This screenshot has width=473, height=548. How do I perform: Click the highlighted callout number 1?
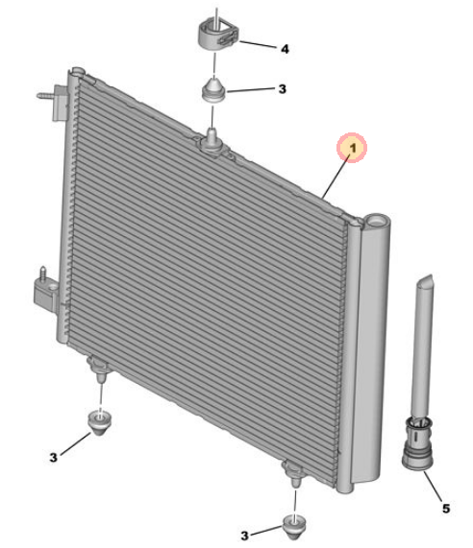[x=353, y=148]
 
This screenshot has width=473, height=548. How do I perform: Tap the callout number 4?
[x=285, y=49]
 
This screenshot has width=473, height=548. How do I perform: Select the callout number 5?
[x=446, y=509]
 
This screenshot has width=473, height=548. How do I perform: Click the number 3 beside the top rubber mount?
[x=283, y=89]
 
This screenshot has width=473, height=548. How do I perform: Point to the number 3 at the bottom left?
[x=53, y=458]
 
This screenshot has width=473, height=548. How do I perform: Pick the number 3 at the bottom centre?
[x=244, y=536]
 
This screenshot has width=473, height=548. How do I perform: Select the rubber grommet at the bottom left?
[x=100, y=423]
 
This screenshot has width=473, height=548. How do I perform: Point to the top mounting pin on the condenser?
[x=212, y=137]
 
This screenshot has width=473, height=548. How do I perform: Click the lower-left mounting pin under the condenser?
[x=100, y=378]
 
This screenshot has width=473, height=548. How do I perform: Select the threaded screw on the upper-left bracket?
[x=44, y=95]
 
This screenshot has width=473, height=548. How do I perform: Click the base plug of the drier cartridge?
[x=417, y=444]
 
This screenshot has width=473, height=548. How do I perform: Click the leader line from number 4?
[x=257, y=44]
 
